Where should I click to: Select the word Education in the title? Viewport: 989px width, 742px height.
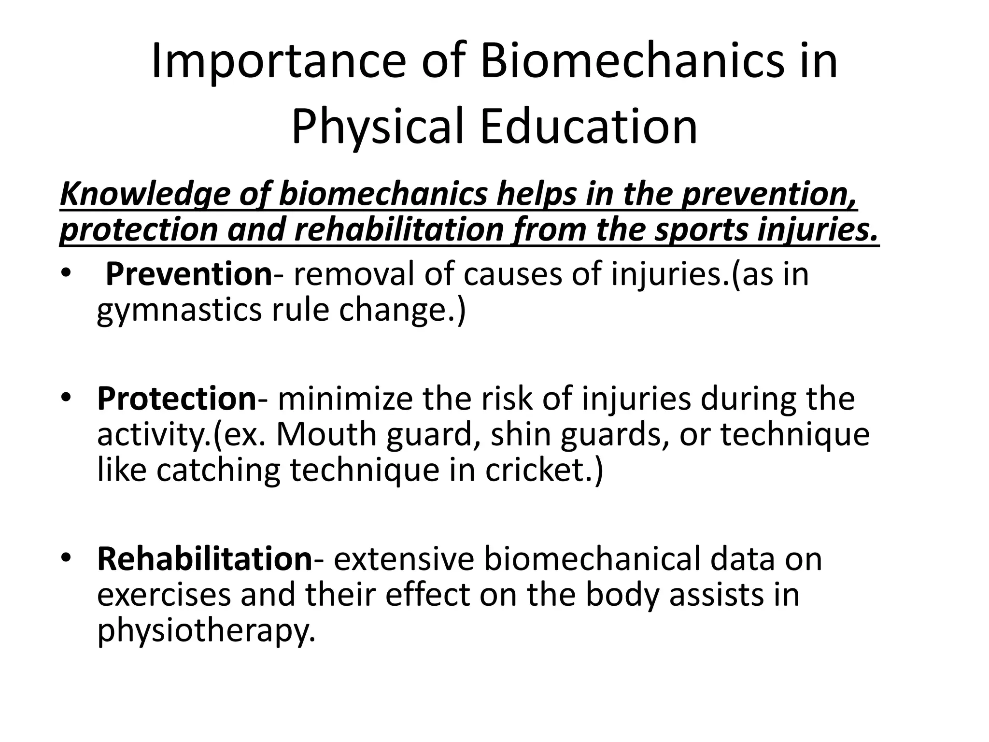point(589,127)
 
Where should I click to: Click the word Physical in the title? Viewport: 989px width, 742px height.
point(377,127)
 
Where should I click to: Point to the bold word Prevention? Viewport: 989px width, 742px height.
point(189,273)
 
